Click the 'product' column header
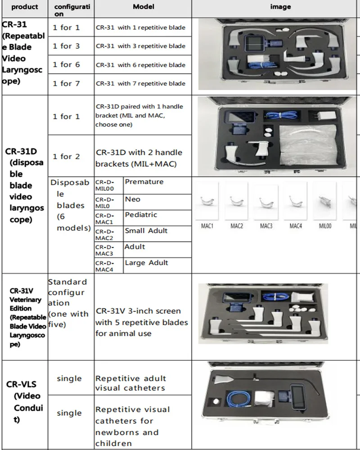click(24, 7)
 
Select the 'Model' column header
click(144, 7)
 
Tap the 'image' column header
click(280, 7)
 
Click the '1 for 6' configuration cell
click(66, 64)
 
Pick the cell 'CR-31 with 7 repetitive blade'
click(140, 83)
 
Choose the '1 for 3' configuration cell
click(66, 46)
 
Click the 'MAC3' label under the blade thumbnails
click(266, 226)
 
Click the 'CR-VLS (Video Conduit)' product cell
click(24, 402)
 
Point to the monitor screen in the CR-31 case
click(255, 45)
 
